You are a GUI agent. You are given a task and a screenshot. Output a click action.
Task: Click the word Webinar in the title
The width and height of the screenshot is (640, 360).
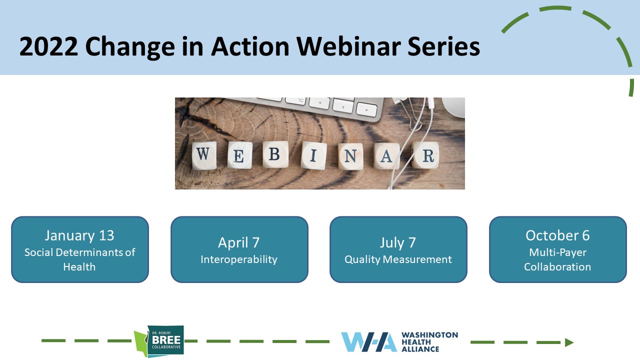(348, 46)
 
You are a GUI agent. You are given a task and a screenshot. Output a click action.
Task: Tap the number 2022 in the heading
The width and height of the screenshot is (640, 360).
(48, 46)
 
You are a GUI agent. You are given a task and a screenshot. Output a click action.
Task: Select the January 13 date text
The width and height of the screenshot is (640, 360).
(79, 235)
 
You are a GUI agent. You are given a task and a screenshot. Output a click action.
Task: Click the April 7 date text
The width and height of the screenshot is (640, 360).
(239, 242)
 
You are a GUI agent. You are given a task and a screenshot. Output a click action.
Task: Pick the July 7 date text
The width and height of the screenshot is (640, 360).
(397, 243)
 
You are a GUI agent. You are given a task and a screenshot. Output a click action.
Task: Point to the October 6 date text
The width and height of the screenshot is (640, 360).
(557, 235)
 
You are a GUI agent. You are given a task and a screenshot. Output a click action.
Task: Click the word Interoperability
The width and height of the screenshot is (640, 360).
(239, 259)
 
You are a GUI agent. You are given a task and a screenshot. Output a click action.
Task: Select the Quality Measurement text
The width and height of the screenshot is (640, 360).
(398, 259)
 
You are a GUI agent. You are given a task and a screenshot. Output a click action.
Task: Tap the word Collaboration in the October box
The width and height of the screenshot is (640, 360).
(557, 267)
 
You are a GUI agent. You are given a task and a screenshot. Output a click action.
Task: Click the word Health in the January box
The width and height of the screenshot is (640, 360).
(79, 267)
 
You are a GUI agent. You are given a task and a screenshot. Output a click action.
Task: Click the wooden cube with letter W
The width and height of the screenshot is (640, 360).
(203, 155)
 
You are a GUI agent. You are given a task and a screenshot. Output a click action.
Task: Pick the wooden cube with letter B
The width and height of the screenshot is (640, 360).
(275, 154)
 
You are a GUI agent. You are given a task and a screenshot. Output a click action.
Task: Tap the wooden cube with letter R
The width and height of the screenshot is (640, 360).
(426, 155)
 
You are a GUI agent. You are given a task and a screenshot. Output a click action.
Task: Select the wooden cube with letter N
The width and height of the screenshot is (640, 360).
(350, 156)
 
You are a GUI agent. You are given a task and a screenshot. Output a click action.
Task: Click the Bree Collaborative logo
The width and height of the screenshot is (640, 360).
(159, 341)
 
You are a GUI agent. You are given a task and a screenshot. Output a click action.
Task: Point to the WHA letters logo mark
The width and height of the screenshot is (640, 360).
(369, 341)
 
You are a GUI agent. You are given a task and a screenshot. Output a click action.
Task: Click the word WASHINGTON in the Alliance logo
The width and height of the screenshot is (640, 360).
(429, 335)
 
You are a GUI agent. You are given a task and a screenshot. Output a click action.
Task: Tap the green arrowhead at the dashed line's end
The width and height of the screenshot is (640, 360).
(569, 342)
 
